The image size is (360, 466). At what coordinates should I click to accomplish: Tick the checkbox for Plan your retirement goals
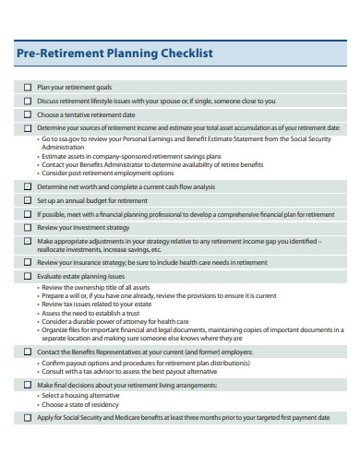(28, 87)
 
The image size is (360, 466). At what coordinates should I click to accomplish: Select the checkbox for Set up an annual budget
(28, 199)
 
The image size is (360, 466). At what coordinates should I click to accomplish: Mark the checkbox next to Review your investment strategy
(28, 227)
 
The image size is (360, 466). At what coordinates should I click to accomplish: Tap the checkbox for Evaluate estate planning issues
(28, 276)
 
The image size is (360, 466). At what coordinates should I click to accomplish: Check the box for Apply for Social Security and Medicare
(28, 417)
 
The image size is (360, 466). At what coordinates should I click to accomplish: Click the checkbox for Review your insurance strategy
(28, 262)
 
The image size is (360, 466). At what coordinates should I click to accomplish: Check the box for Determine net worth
(28, 185)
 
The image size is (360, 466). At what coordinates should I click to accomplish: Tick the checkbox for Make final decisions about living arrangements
(28, 384)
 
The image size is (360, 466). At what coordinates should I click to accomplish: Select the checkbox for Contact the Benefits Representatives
(28, 352)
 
